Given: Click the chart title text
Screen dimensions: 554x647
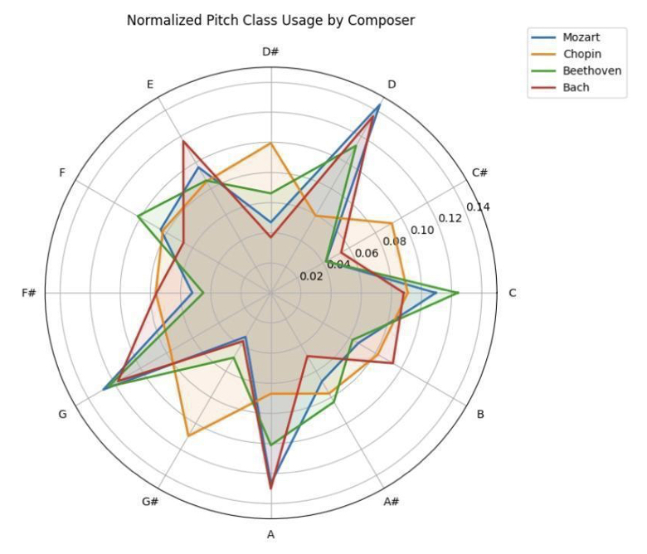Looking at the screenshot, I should [270, 19].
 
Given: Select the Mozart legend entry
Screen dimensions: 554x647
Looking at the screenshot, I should [581, 36].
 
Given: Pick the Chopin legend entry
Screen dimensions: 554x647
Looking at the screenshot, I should [581, 54].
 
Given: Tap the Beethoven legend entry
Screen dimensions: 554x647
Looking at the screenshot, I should [591, 70].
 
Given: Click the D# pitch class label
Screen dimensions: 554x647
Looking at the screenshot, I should [270, 52].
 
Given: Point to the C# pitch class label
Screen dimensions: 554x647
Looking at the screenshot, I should [479, 173].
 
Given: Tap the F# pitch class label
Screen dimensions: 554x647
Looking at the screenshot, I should [29, 294].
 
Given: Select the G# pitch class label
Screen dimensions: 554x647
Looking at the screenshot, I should [150, 502].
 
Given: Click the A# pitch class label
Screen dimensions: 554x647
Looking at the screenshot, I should [392, 502].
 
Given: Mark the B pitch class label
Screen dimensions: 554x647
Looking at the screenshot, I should [479, 414].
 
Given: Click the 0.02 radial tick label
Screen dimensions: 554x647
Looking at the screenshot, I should [311, 276].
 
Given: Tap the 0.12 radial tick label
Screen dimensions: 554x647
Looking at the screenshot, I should [450, 218].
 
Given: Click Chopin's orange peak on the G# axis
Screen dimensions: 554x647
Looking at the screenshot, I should [188, 435].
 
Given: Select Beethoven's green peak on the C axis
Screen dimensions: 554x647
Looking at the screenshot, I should [459, 293].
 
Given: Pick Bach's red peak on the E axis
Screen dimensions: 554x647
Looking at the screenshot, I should [183, 142].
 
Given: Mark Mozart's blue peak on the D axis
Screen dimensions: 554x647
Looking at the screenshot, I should [380, 104].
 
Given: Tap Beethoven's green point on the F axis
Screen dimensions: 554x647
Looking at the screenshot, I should [139, 216].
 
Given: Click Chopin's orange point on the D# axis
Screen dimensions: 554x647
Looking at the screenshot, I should [270, 143].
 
